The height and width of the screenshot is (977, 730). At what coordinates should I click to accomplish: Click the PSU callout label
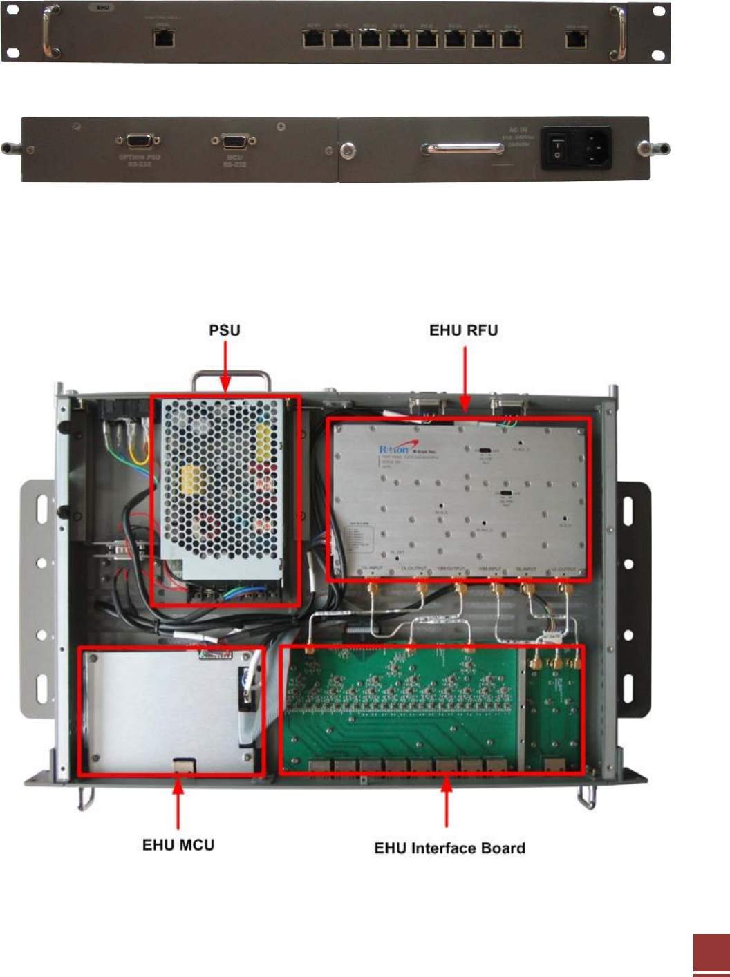pyautogui.click(x=225, y=330)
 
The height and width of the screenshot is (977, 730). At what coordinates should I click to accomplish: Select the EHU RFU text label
pyautogui.click(x=463, y=330)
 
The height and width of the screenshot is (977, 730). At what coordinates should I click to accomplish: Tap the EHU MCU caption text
pyautogui.click(x=178, y=845)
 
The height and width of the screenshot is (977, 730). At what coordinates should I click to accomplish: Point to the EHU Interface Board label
pyautogui.click(x=450, y=848)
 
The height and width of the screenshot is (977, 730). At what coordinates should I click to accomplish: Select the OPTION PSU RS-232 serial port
pyautogui.click(x=139, y=141)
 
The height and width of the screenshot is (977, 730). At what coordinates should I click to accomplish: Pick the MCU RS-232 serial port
pyautogui.click(x=234, y=141)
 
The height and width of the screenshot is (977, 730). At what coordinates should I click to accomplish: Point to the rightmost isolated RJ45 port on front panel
pyautogui.click(x=577, y=39)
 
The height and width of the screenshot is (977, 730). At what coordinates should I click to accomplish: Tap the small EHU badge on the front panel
pyautogui.click(x=103, y=8)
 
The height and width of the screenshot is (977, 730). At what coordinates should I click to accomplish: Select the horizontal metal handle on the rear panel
pyautogui.click(x=463, y=149)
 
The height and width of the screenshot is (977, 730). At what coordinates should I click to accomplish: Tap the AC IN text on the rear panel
pyautogui.click(x=518, y=130)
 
